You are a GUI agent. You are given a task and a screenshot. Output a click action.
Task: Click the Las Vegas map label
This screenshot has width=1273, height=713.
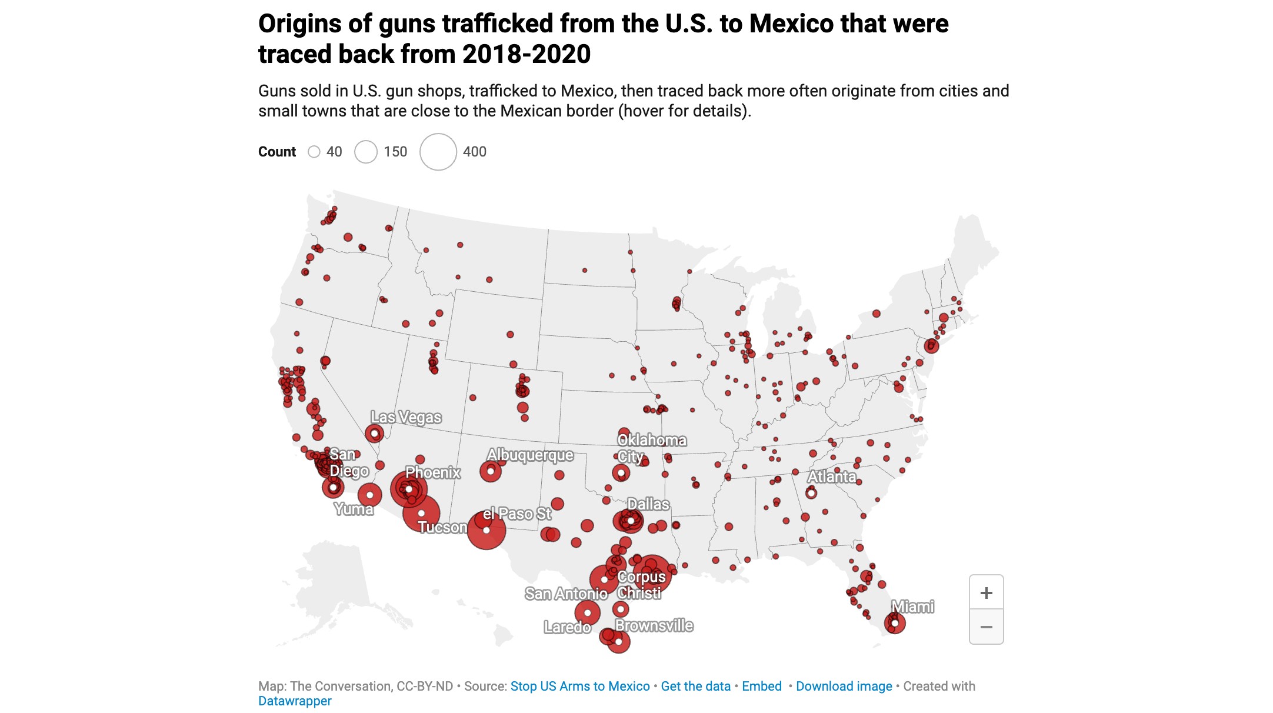click(x=406, y=417)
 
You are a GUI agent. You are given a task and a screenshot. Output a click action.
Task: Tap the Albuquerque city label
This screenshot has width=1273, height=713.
click(x=530, y=455)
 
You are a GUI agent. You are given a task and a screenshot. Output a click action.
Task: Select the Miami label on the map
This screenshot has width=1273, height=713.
click(x=912, y=607)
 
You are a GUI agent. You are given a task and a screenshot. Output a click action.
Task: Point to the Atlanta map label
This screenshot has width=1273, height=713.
click(x=832, y=476)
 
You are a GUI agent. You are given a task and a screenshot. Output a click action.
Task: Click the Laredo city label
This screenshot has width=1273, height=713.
click(x=567, y=627)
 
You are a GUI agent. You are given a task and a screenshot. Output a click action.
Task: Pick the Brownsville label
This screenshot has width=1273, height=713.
click(x=654, y=625)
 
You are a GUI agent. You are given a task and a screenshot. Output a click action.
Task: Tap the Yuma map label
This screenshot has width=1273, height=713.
click(x=354, y=509)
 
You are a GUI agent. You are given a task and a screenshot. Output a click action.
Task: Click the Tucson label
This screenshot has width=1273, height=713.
click(x=442, y=527)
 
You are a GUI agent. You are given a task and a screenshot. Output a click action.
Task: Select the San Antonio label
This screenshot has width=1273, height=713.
click(x=566, y=594)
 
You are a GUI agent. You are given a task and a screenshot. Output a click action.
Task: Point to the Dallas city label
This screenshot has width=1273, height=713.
click(x=648, y=504)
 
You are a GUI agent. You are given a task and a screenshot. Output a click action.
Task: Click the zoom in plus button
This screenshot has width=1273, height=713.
click(x=986, y=592)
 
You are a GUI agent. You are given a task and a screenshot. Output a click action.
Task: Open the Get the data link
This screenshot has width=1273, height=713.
click(x=695, y=686)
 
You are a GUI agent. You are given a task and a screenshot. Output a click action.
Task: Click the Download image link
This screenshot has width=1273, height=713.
click(x=844, y=686)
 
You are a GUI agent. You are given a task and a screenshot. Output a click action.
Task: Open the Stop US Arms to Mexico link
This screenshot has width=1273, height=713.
click(x=580, y=686)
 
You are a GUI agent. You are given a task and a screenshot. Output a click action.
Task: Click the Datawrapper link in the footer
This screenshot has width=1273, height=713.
click(x=295, y=701)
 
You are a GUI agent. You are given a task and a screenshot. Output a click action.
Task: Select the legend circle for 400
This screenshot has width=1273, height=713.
click(x=438, y=152)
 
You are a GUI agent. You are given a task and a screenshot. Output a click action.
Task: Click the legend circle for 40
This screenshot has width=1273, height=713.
click(x=314, y=152)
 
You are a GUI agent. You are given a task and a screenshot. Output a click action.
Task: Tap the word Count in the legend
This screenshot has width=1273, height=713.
click(x=277, y=152)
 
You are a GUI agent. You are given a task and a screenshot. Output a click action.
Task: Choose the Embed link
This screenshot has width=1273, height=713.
click(x=762, y=686)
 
